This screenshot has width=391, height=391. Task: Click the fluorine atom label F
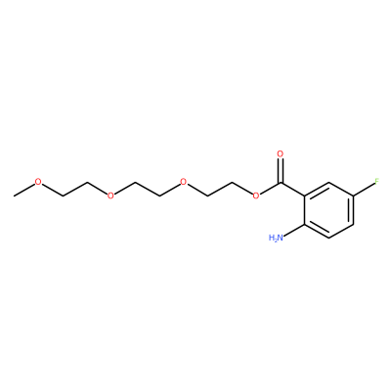point(376,182)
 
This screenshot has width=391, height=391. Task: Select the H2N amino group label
point(275,238)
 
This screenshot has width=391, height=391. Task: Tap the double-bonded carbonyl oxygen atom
point(281,153)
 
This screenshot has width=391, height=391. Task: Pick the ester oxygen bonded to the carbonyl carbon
point(256,195)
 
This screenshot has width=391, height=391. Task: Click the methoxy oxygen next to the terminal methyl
point(38,182)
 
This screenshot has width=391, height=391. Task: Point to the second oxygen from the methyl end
point(110,195)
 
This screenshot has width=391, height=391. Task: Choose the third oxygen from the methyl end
point(184,182)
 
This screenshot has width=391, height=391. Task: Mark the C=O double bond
point(281,170)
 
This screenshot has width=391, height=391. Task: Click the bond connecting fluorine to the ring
point(364,189)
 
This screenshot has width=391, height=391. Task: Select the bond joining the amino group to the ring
point(293,231)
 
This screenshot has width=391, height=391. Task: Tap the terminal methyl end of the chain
point(15,195)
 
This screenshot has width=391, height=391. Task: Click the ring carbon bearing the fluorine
point(353,195)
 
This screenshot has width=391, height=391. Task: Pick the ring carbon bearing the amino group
point(305,224)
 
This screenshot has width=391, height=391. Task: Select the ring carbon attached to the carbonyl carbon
point(305,195)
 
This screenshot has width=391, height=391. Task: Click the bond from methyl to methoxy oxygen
point(24,190)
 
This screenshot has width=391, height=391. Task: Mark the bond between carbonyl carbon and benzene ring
point(292,189)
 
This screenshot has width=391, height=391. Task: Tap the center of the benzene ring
point(329,210)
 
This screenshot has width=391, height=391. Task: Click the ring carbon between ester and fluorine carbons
point(329,182)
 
